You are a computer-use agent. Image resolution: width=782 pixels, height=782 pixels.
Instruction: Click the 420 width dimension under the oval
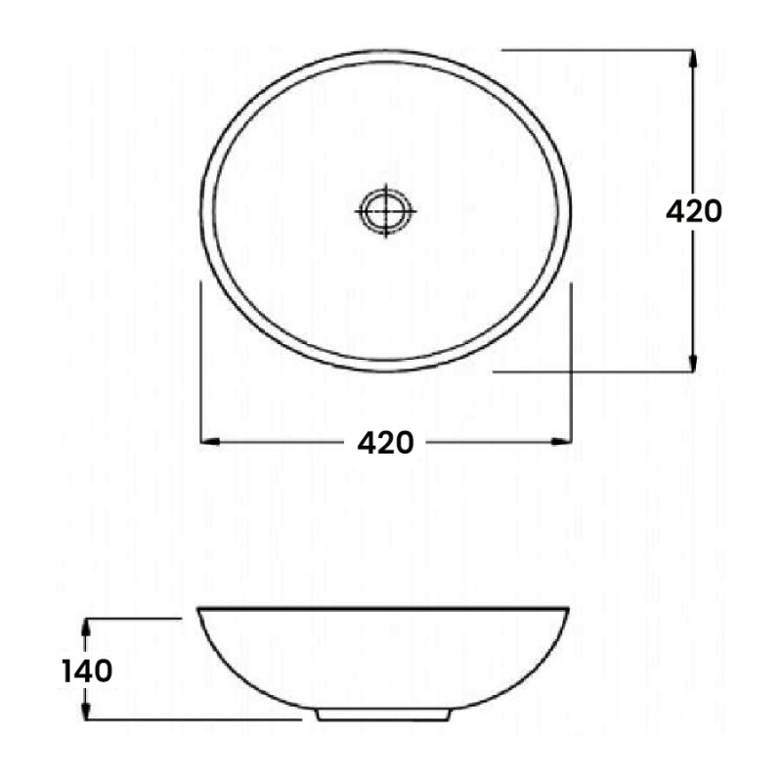click(385, 443)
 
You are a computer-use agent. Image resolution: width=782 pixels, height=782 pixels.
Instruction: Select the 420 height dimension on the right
click(693, 211)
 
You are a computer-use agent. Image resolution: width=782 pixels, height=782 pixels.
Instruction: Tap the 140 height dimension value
click(87, 672)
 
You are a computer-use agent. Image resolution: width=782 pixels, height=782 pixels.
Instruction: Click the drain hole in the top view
click(386, 208)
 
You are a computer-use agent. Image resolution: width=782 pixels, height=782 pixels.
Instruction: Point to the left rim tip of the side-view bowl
click(200, 611)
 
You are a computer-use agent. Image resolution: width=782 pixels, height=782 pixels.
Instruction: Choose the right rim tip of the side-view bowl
click(568, 611)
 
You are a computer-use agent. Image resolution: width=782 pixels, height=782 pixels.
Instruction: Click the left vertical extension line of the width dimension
click(200, 362)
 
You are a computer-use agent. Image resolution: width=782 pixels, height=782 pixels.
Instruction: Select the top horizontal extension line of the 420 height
click(596, 49)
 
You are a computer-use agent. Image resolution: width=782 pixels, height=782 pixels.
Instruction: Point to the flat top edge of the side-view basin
click(383, 608)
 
